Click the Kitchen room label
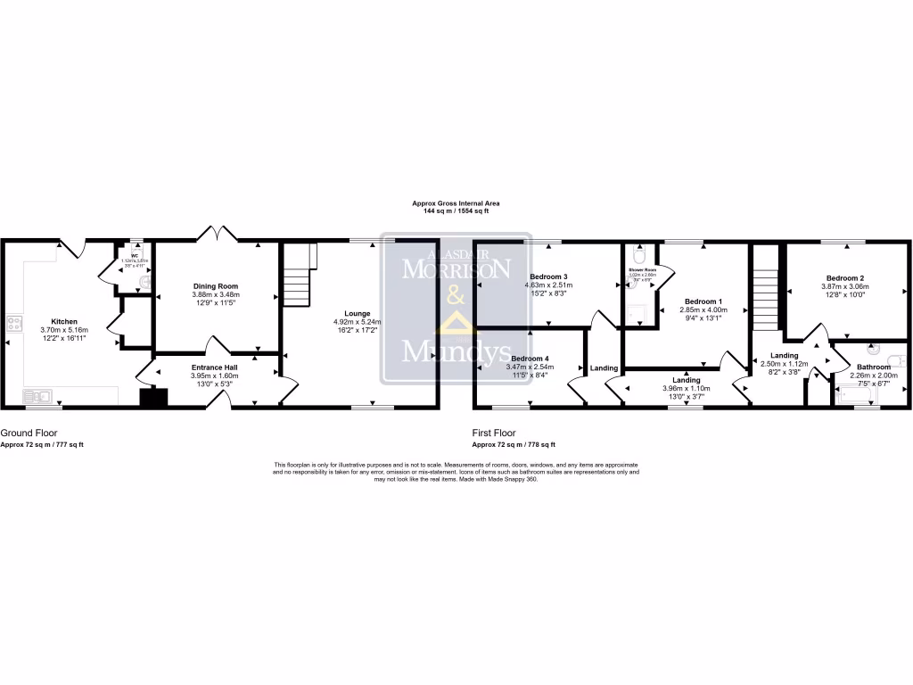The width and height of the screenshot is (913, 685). click(63, 321)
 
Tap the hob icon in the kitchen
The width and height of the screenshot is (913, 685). click(14, 323)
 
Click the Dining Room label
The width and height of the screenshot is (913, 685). click(216, 286)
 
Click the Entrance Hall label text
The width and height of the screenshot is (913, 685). click(216, 367)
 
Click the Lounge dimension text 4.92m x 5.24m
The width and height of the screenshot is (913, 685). click(358, 322)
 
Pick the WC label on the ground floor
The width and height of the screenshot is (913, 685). click(136, 254)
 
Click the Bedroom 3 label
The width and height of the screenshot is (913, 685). click(548, 276)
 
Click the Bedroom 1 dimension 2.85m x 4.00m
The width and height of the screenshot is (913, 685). click(703, 309)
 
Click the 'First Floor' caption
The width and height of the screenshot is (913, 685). click(493, 433)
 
